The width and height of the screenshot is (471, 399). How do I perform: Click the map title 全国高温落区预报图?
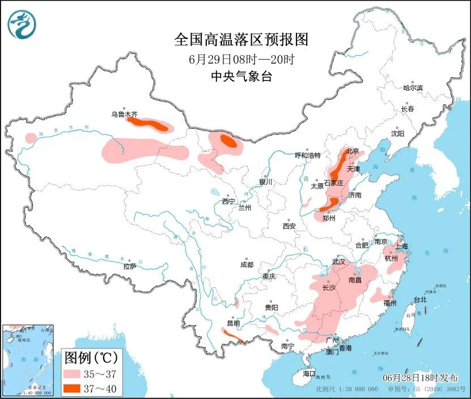pos(241,39)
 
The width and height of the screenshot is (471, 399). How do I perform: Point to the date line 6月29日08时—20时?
pos(241,58)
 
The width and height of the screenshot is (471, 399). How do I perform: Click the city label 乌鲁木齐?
pos(124,114)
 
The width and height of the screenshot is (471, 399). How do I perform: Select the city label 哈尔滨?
pos(413,88)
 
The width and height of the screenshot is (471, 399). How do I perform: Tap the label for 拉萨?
pos(130,266)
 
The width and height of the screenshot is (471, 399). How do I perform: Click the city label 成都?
pos(247,264)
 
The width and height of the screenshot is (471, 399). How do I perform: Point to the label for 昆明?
pos(233,323)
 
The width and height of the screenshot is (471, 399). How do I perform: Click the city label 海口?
pos(308,373)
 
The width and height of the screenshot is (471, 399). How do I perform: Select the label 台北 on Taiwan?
pos(419,299)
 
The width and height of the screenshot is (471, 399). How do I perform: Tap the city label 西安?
pos(289,226)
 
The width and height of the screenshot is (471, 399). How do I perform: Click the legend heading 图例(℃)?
pos(91,358)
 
